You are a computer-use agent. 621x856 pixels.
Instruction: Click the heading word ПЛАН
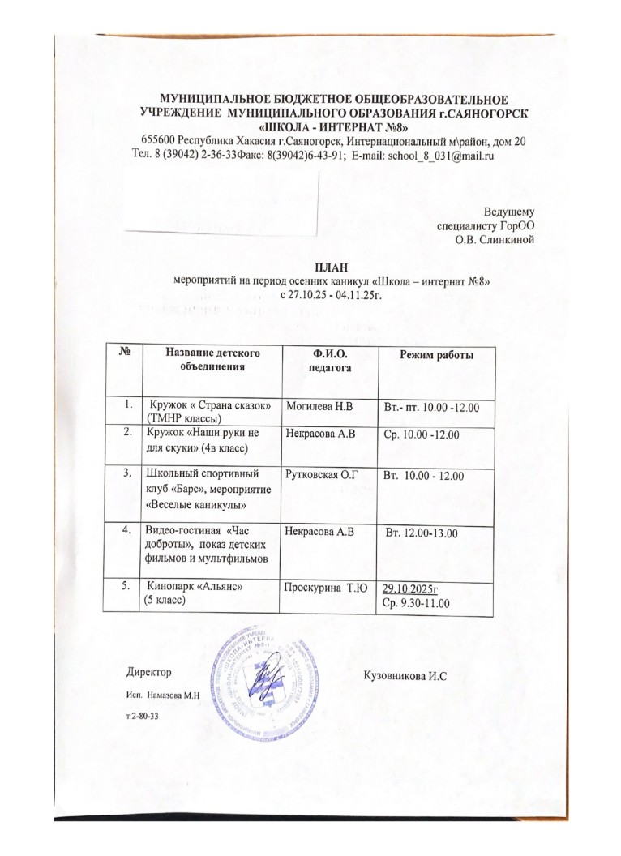click(x=323, y=266)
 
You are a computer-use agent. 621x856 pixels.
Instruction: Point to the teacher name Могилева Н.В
click(x=322, y=404)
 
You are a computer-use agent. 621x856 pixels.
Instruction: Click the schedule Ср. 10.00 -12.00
click(x=422, y=435)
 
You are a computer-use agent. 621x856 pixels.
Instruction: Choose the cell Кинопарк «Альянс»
click(x=194, y=587)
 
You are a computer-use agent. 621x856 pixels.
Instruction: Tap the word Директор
click(x=149, y=673)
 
